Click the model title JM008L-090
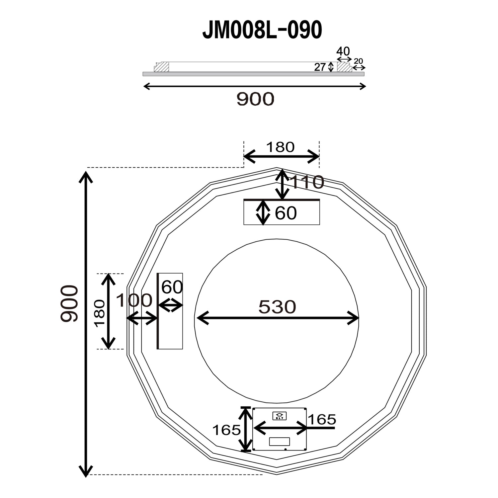(x=262, y=30)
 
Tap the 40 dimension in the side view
(x=343, y=51)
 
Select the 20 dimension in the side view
(x=359, y=61)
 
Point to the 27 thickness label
(x=320, y=67)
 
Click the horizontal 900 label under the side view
(x=255, y=99)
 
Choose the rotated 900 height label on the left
(x=69, y=303)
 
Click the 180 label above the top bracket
(x=280, y=147)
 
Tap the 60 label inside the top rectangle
(x=286, y=213)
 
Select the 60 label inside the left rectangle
(x=172, y=287)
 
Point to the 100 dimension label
(x=134, y=300)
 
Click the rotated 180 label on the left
(x=100, y=313)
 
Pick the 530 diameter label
(x=277, y=307)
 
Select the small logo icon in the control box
(x=280, y=416)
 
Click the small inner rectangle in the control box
(x=279, y=442)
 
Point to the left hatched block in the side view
(x=162, y=67)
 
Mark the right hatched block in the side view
(x=344, y=67)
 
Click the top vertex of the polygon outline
(x=277, y=168)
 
